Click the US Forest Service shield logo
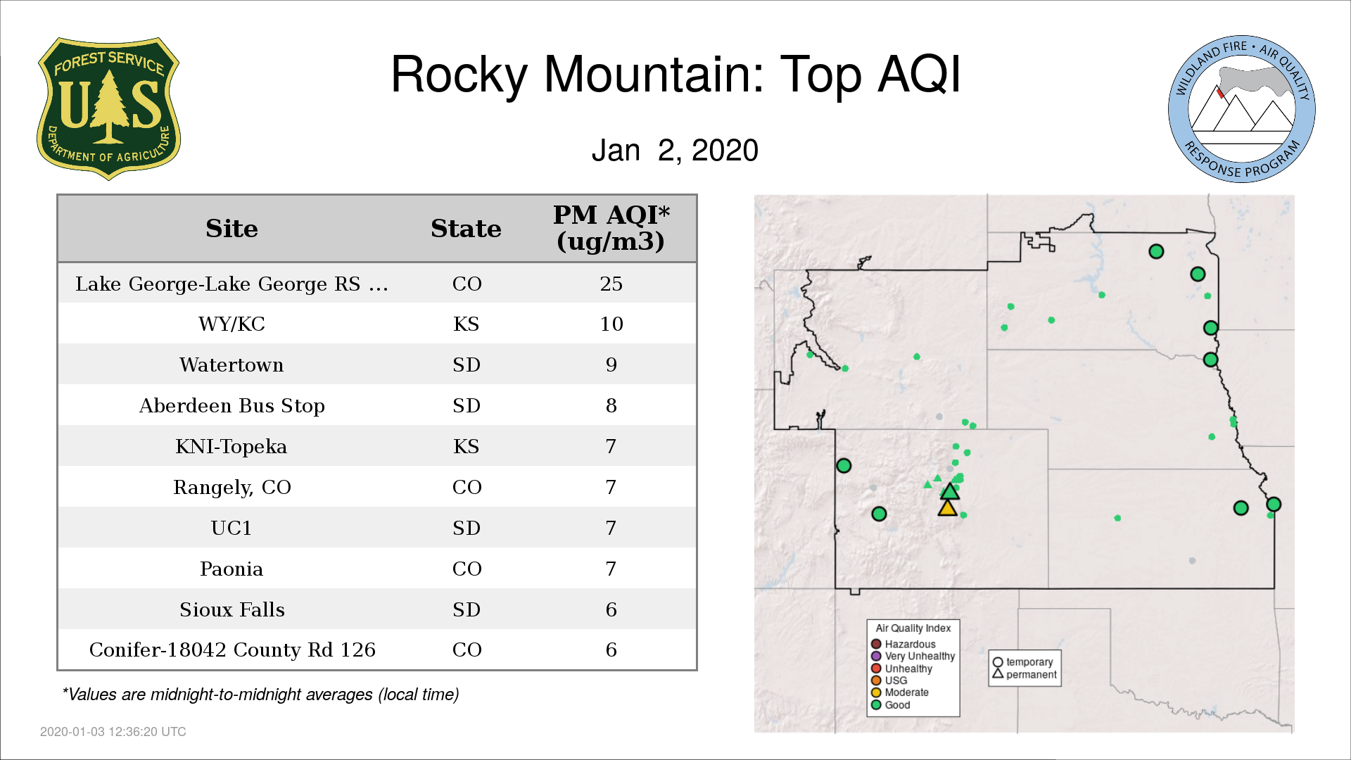click(108, 109)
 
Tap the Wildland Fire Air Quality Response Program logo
click(1242, 109)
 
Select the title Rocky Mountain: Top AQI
click(675, 74)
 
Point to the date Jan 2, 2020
click(675, 150)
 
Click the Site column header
click(231, 229)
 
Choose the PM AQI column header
click(611, 228)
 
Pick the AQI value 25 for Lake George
click(611, 284)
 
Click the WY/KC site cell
click(231, 324)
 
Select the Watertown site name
click(231, 365)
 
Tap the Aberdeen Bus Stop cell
click(231, 406)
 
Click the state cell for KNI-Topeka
click(466, 446)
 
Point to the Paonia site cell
click(231, 569)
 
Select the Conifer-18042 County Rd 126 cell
click(232, 650)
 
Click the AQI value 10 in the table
click(611, 324)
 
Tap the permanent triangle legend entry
click(1025, 674)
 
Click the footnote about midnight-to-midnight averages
click(260, 695)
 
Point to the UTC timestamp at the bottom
click(113, 732)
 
